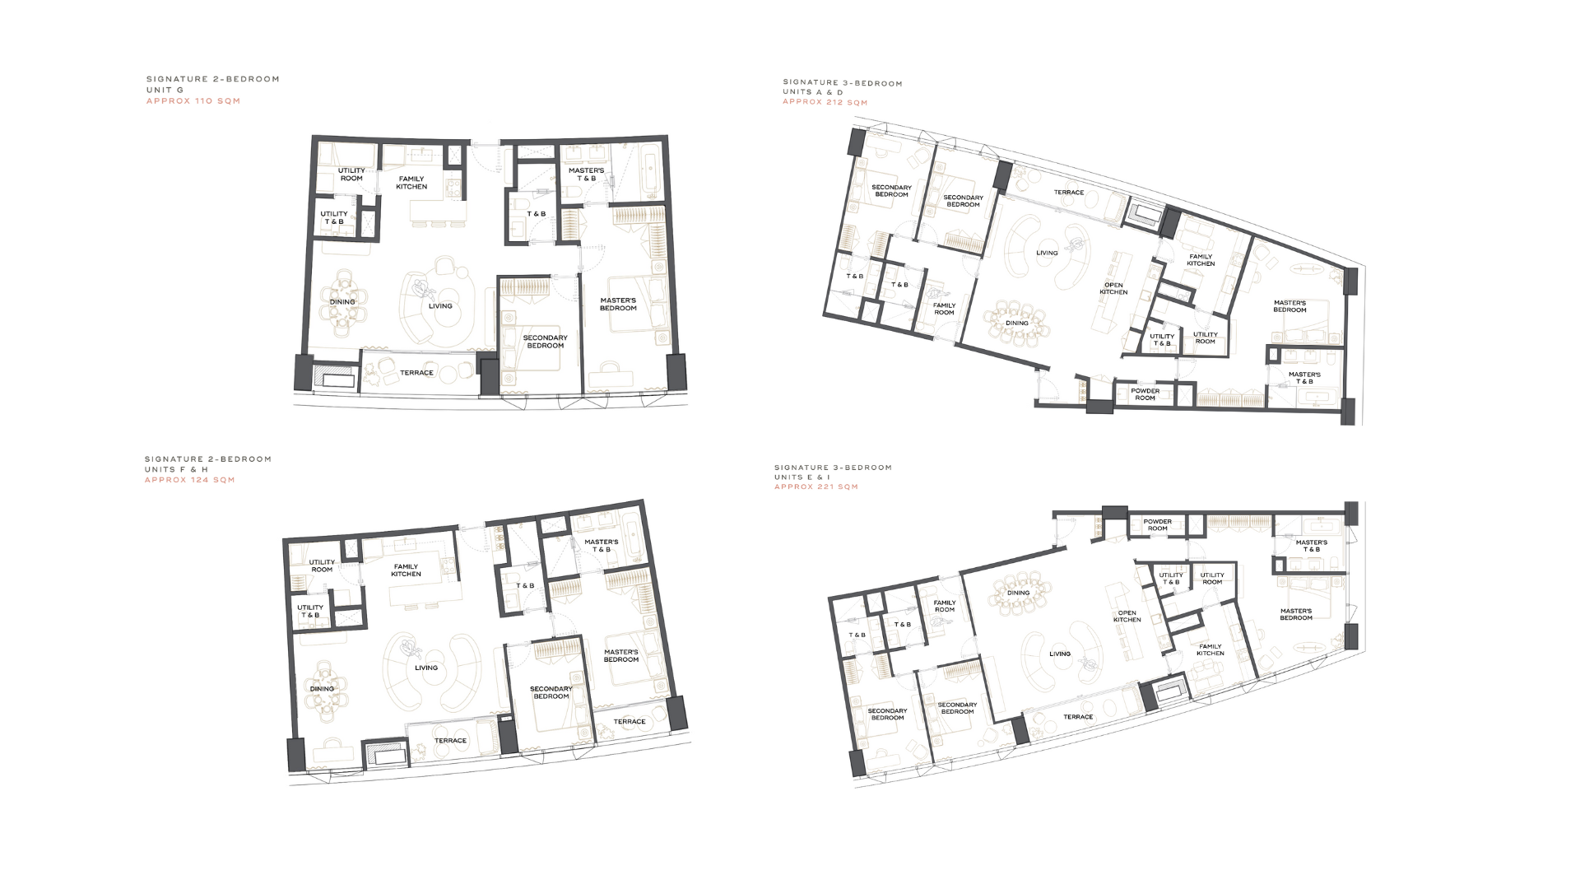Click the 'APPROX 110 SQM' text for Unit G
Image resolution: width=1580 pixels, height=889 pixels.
click(x=193, y=101)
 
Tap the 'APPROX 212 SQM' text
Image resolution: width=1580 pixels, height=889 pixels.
click(x=825, y=103)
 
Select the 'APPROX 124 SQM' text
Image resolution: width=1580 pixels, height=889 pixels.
click(x=190, y=480)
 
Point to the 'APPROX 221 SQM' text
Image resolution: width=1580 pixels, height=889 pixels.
click(x=816, y=487)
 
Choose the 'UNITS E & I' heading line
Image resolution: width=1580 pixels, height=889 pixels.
click(x=802, y=477)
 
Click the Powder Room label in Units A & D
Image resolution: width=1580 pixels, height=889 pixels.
click(x=1145, y=394)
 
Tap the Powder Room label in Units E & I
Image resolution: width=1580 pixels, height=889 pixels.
click(x=1158, y=525)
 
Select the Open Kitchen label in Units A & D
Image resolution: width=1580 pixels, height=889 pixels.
click(x=1113, y=289)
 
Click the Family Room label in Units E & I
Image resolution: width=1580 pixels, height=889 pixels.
click(x=945, y=606)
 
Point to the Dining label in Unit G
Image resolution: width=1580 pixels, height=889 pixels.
click(x=342, y=302)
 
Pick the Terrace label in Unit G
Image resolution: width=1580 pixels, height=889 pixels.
click(x=417, y=373)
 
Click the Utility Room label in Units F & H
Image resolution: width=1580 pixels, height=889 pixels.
click(x=322, y=566)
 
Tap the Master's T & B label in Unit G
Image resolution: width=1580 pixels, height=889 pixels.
click(x=587, y=175)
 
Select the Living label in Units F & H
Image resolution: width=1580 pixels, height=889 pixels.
click(x=426, y=668)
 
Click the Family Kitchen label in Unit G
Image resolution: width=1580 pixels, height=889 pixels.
click(x=411, y=183)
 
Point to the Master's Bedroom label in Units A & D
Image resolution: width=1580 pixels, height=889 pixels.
click(x=1290, y=306)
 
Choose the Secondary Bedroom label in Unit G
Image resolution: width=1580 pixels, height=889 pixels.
click(x=546, y=342)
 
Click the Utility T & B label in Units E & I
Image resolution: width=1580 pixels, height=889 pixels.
click(x=1171, y=579)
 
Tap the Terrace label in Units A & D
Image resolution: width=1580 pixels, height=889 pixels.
click(x=1069, y=193)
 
